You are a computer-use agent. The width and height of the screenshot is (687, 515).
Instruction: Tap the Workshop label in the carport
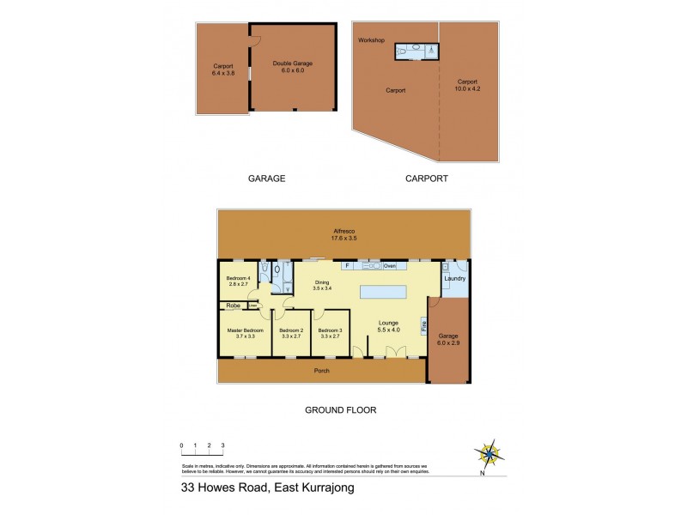[x=372, y=40]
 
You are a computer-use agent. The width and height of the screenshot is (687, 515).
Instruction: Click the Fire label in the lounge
[x=423, y=325]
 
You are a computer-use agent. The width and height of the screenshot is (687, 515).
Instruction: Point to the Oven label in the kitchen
[x=389, y=265]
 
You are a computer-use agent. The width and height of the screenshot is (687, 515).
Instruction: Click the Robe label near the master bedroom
[x=233, y=306]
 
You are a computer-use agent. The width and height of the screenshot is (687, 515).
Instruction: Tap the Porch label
[x=321, y=370]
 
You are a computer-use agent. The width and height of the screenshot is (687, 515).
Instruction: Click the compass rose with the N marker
[x=489, y=452]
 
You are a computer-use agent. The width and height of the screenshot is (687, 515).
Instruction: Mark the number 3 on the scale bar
[x=222, y=445]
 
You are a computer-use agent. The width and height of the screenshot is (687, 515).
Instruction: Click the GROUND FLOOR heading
[x=341, y=409]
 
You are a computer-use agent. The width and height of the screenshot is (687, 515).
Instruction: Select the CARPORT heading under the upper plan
[x=426, y=179]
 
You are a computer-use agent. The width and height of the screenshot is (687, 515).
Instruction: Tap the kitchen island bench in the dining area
[x=385, y=292]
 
